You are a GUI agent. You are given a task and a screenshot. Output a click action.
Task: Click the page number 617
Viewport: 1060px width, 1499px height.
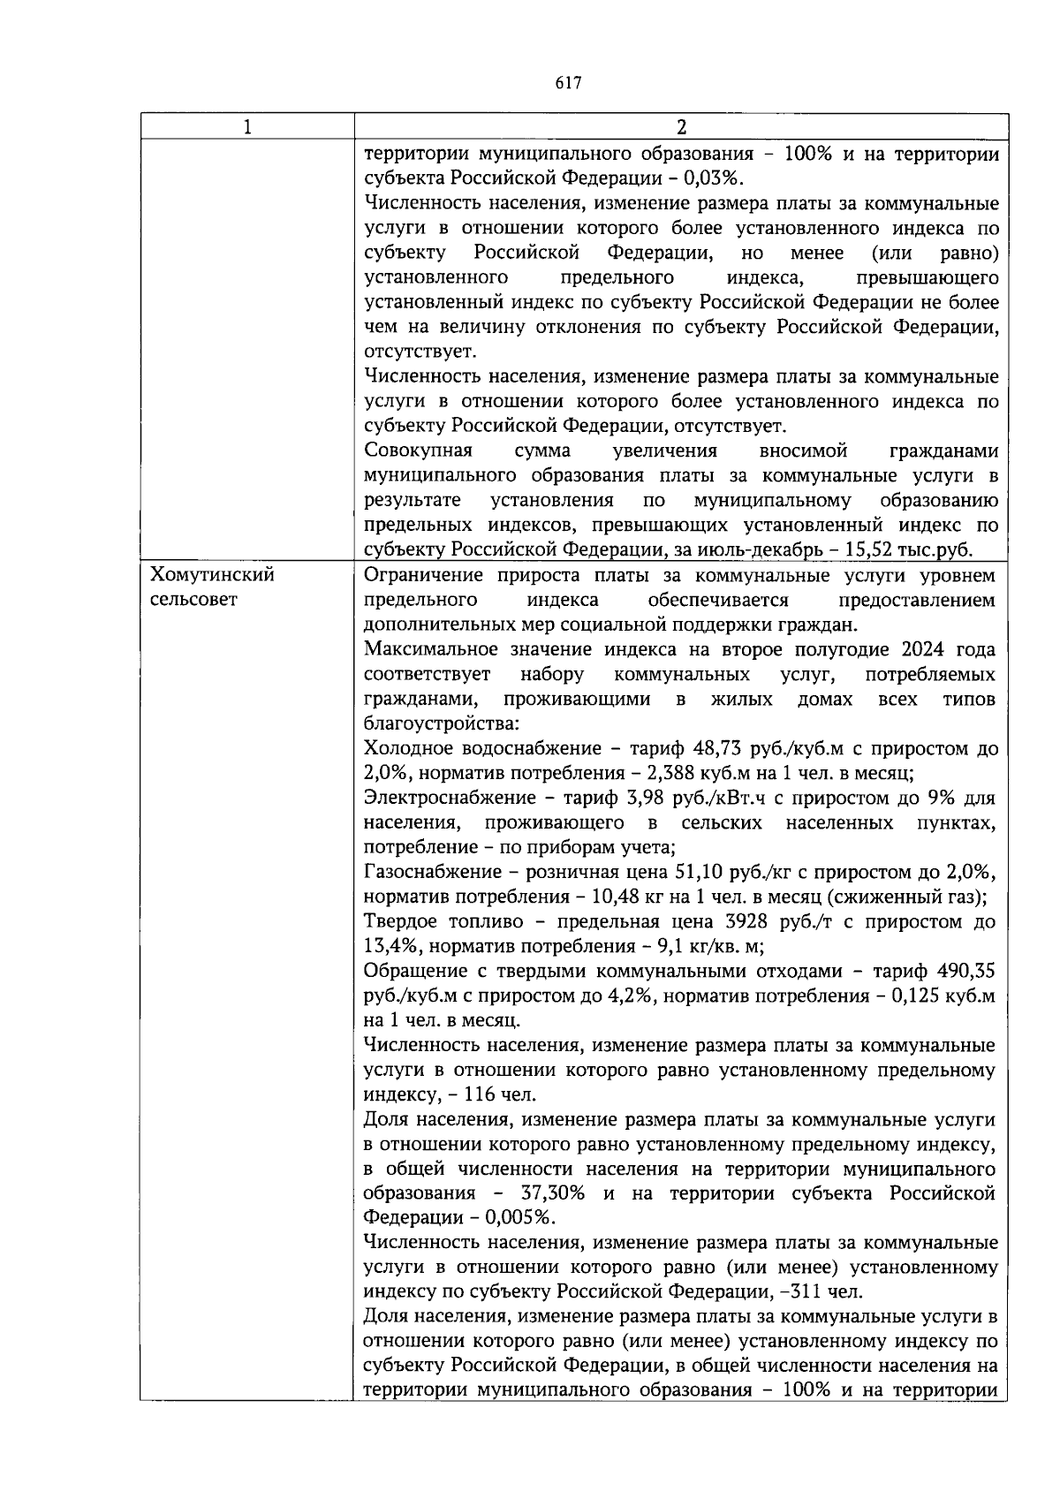(x=569, y=83)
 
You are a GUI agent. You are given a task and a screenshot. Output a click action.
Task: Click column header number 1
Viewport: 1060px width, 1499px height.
(x=247, y=127)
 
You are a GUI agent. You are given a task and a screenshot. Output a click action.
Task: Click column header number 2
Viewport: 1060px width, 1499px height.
(x=681, y=127)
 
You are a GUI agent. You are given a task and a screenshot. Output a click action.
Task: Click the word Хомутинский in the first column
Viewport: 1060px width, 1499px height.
(x=213, y=576)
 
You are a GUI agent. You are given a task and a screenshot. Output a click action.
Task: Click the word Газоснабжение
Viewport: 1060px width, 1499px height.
(x=432, y=873)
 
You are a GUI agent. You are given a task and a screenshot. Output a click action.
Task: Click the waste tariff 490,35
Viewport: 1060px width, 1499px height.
(x=965, y=972)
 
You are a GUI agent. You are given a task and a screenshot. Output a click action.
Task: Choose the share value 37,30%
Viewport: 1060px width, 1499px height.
(x=551, y=1194)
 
